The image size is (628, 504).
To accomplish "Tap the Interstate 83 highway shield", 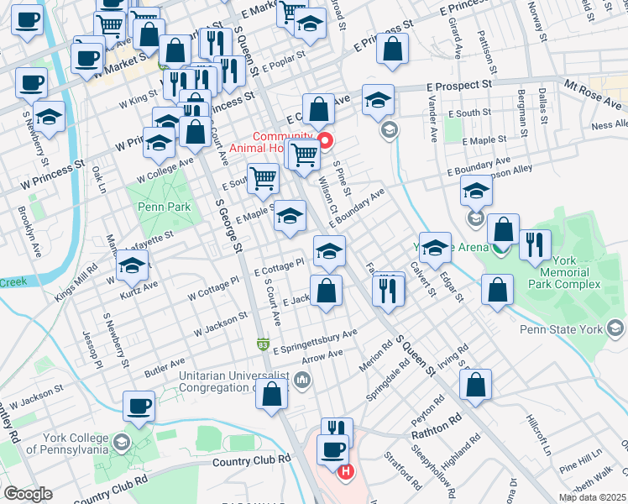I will point(263,344).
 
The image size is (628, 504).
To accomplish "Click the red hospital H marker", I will point(344,473).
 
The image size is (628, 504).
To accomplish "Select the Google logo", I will point(28,494).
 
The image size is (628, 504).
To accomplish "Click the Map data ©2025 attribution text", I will point(591,497).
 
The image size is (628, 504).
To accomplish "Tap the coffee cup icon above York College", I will point(139,406).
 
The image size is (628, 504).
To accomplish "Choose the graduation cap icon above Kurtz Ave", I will point(132,267).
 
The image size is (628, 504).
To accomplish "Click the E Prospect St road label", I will point(458,86).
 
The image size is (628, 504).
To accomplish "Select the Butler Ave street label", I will point(164,368).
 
